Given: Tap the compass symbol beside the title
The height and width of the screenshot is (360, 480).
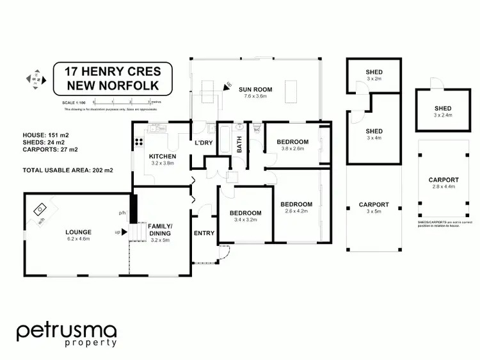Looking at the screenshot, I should point(35,79).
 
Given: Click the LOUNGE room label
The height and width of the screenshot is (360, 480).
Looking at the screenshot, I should point(79,231).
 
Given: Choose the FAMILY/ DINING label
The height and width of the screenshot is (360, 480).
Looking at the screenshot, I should point(160,230).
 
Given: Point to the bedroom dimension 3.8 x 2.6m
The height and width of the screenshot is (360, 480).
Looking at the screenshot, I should point(292,149).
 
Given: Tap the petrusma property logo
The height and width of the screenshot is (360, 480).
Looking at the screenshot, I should point(67,334).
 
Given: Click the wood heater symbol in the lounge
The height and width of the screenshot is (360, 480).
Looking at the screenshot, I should point(40,210).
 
